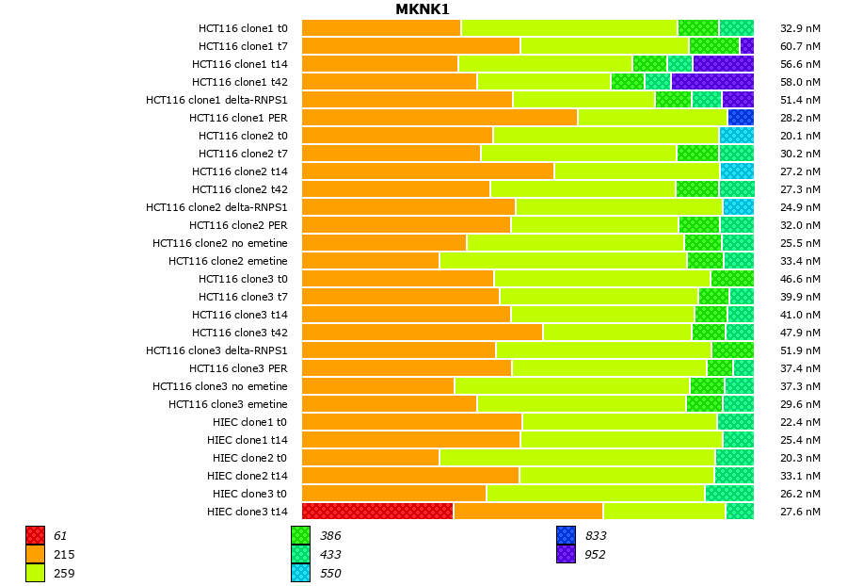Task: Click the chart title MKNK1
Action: tap(423, 9)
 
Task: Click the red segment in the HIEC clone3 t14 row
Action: tap(377, 512)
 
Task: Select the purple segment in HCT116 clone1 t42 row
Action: tap(712, 82)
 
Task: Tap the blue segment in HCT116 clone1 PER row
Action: tap(741, 118)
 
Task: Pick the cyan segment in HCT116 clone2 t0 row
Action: tap(737, 136)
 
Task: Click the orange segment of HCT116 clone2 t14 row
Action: tap(428, 171)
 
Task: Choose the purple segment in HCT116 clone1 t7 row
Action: tap(747, 46)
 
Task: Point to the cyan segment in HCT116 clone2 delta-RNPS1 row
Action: tap(739, 207)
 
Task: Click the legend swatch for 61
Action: tap(36, 536)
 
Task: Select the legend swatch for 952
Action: tap(566, 555)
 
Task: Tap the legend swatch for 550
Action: tap(301, 573)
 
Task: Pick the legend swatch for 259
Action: tap(36, 573)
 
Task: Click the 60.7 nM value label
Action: tap(801, 46)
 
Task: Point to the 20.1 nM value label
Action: tap(801, 136)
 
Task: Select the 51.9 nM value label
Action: tap(801, 350)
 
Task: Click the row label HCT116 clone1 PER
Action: tap(238, 118)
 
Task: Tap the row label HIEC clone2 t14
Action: tap(248, 476)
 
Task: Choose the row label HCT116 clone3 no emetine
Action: tap(220, 386)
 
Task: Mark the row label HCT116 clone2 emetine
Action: tap(228, 261)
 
